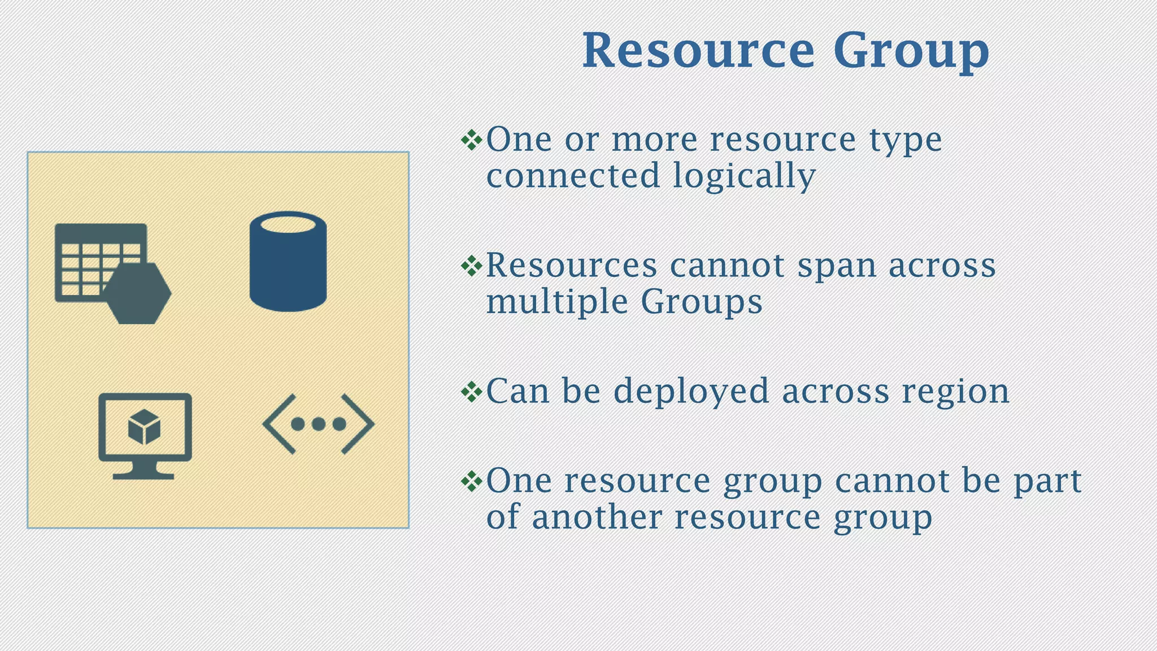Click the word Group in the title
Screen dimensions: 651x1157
pyautogui.click(x=911, y=52)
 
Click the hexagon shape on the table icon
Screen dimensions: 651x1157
pyautogui.click(x=137, y=293)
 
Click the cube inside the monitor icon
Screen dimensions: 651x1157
pyautogui.click(x=144, y=427)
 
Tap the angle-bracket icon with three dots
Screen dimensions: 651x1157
pyautogui.click(x=318, y=424)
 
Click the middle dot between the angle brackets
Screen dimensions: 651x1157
pyautogui.click(x=318, y=424)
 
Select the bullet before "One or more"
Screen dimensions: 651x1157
pyautogui.click(x=471, y=140)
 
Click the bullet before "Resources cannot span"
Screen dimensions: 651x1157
pyautogui.click(x=471, y=266)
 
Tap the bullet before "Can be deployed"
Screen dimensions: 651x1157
pyautogui.click(x=471, y=391)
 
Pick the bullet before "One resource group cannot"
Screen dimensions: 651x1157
pyautogui.click(x=471, y=481)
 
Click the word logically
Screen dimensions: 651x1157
pyautogui.click(x=744, y=176)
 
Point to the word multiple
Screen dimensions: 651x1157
pyautogui.click(x=557, y=302)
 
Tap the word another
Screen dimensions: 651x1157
pyautogui.click(x=597, y=517)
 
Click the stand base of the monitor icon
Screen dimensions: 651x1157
pyautogui.click(x=143, y=475)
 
